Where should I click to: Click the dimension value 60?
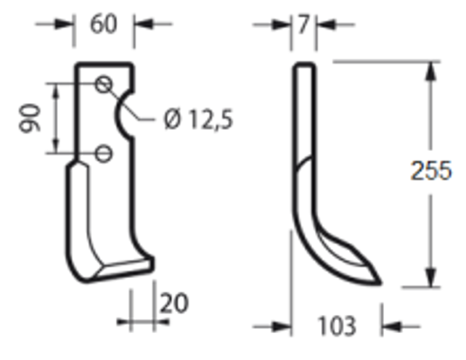pos(105,25)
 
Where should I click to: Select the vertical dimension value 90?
pos(29,118)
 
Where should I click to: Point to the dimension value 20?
pos(173,303)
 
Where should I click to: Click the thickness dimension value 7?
pos(303,25)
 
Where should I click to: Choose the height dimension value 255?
pos(431,171)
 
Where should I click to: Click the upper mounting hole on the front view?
pos(104,85)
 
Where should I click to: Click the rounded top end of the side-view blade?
pos(303,67)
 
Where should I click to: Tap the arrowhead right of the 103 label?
pos(389,326)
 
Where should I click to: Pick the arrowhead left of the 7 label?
pos(284,25)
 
